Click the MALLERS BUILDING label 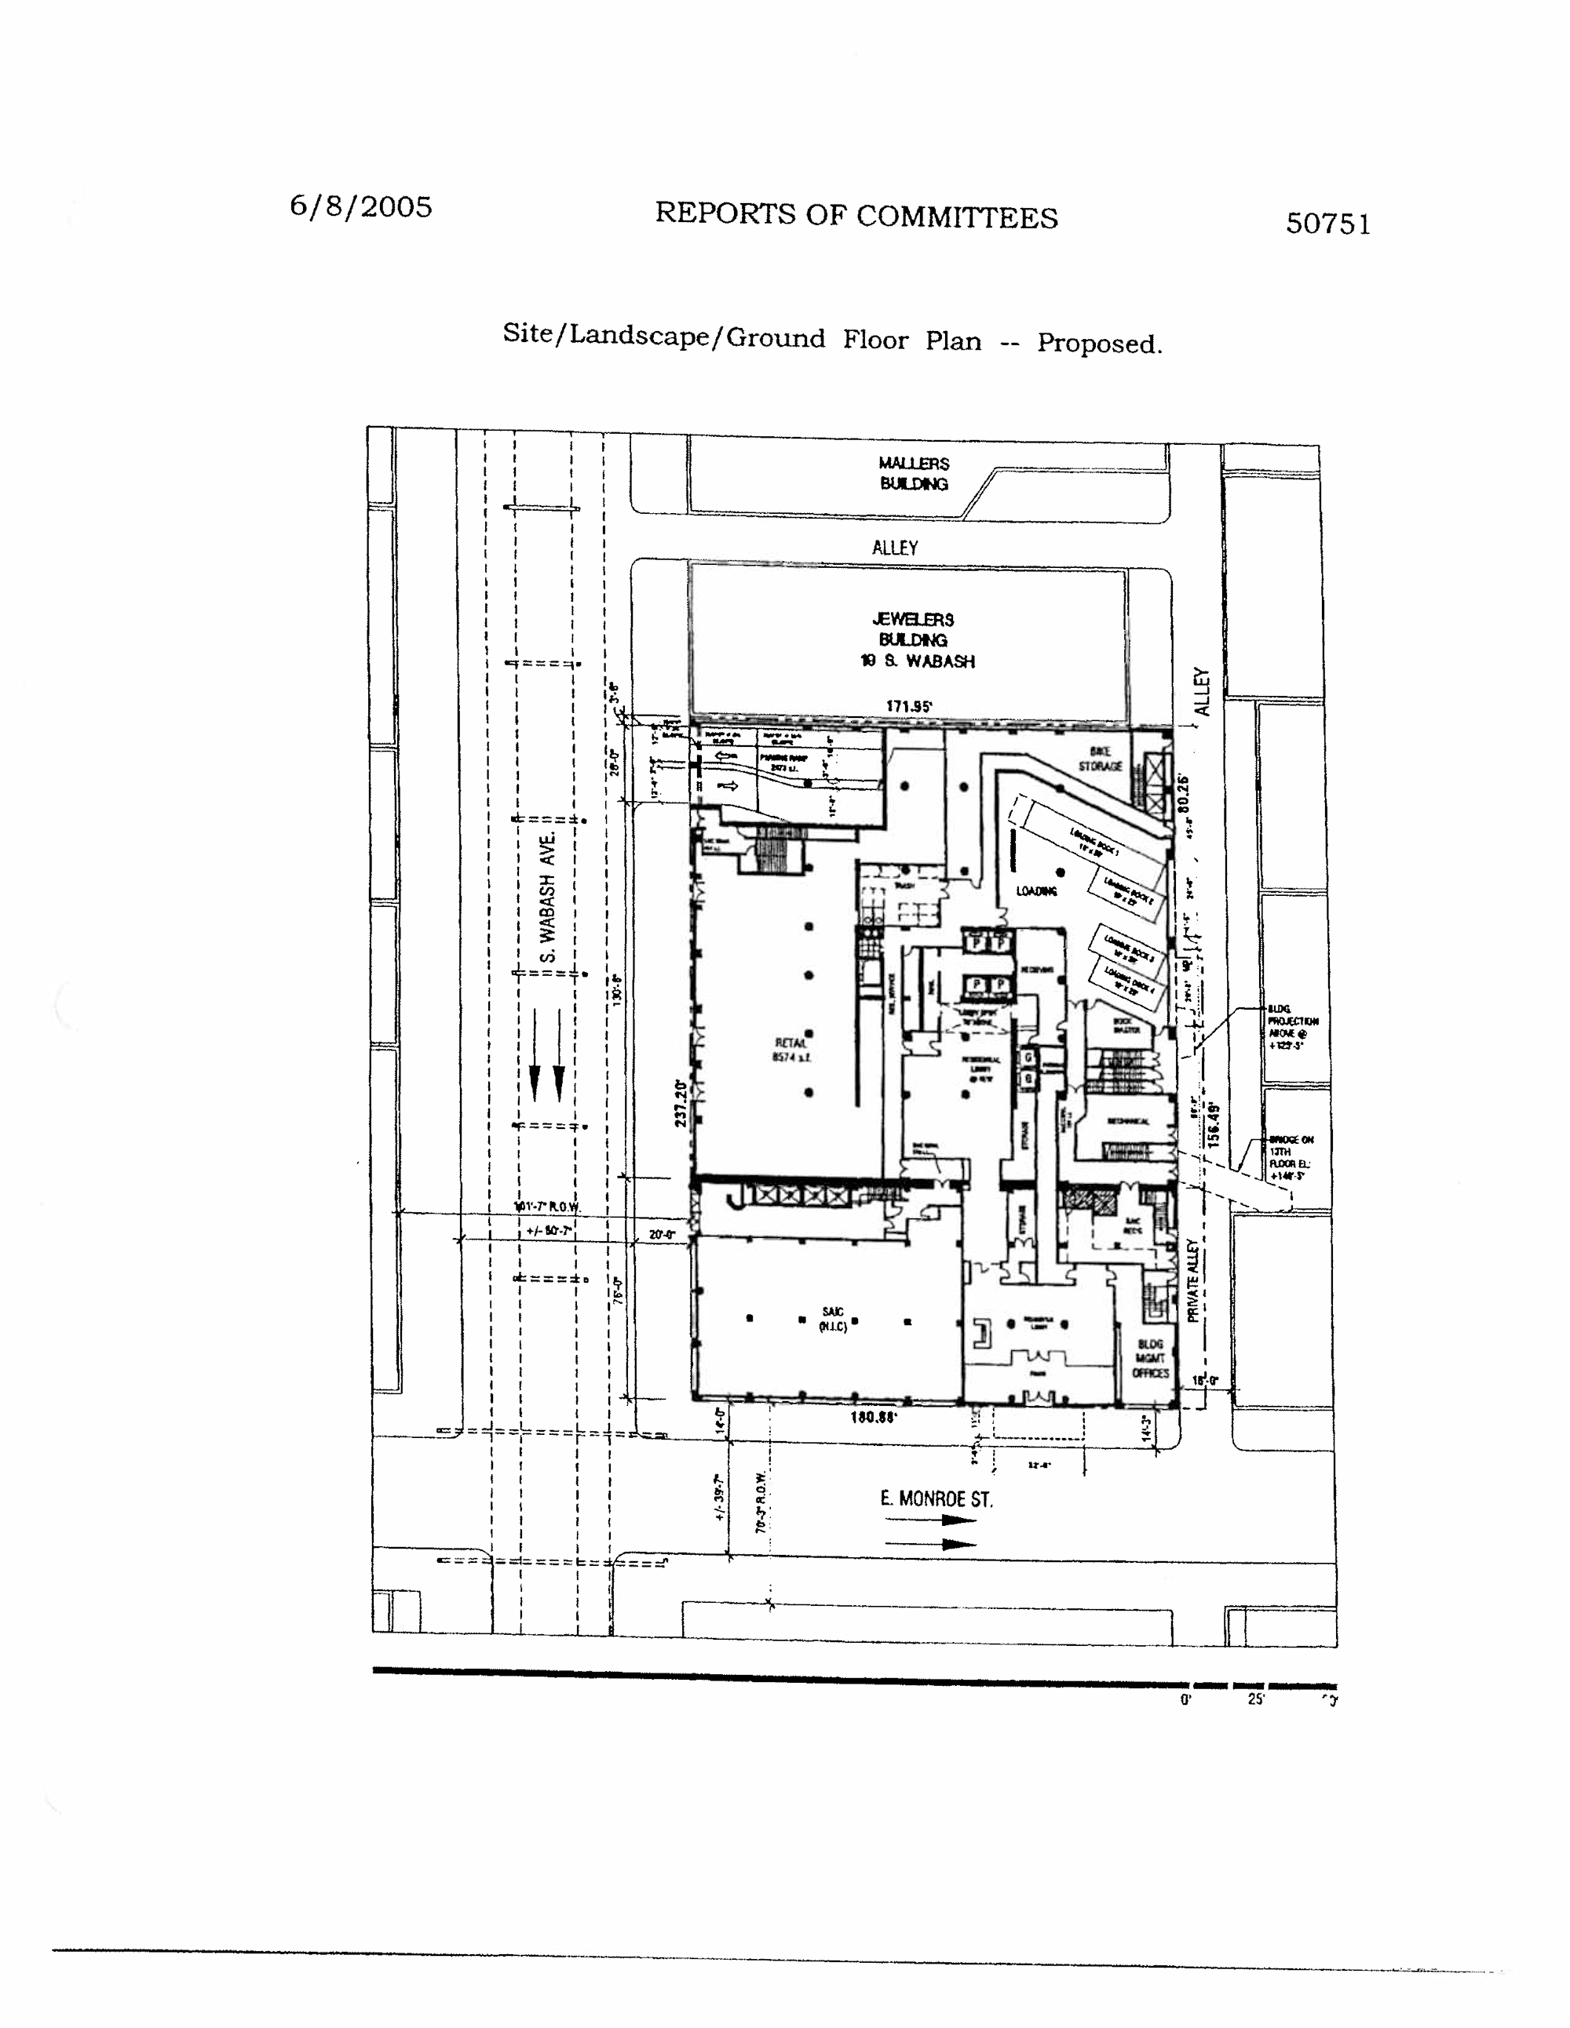click(914, 472)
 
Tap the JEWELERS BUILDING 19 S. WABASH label click(916, 640)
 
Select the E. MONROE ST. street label click(936, 1498)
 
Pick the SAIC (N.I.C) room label click(832, 1319)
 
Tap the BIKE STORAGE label click(1100, 759)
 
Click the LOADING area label click(1036, 891)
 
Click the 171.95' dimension click(908, 707)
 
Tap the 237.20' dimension click(681, 1103)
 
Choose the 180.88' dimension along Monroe click(873, 1417)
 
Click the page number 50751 click(1327, 224)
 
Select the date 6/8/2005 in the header click(360, 206)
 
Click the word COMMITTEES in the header click(956, 217)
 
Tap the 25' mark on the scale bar click(1256, 1698)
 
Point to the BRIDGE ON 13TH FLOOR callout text click(1291, 1157)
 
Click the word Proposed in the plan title click(1099, 344)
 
